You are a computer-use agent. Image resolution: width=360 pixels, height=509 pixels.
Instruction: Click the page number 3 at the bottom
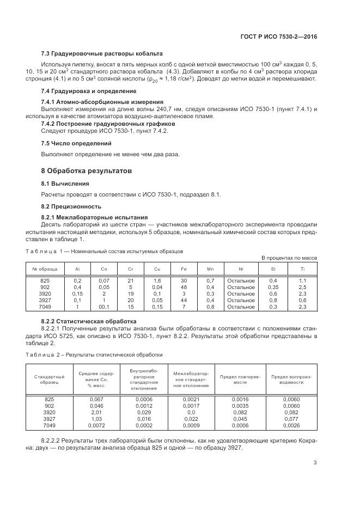[315, 463]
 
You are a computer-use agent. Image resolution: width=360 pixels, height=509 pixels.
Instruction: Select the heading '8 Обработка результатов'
[86, 171]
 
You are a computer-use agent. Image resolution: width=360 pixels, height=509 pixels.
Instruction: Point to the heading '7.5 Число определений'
[76, 143]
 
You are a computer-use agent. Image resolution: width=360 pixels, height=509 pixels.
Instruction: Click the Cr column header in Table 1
[130, 269]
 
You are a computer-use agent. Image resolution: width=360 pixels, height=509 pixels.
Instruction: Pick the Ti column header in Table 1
[302, 269]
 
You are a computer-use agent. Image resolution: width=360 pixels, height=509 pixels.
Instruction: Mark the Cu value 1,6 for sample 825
[157, 280]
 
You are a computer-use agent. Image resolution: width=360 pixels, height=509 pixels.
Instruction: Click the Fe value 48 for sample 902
[184, 287]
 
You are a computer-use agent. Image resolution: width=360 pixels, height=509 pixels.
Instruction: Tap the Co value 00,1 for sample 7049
[103, 306]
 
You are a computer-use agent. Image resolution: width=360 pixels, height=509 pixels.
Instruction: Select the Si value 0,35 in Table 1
[273, 287]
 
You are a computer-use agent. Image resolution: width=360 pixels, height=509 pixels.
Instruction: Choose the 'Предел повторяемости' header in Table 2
[240, 379]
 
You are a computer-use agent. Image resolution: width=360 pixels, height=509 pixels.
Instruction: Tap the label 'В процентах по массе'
[289, 257]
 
